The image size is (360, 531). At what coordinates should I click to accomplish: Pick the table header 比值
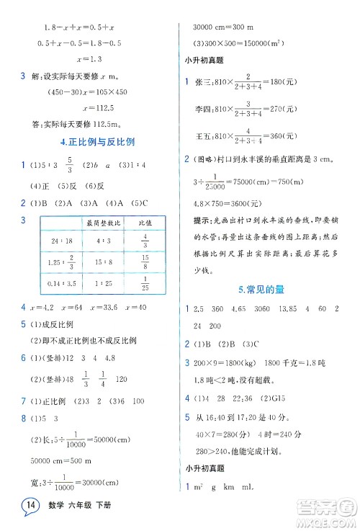pyautogui.click(x=145, y=224)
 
